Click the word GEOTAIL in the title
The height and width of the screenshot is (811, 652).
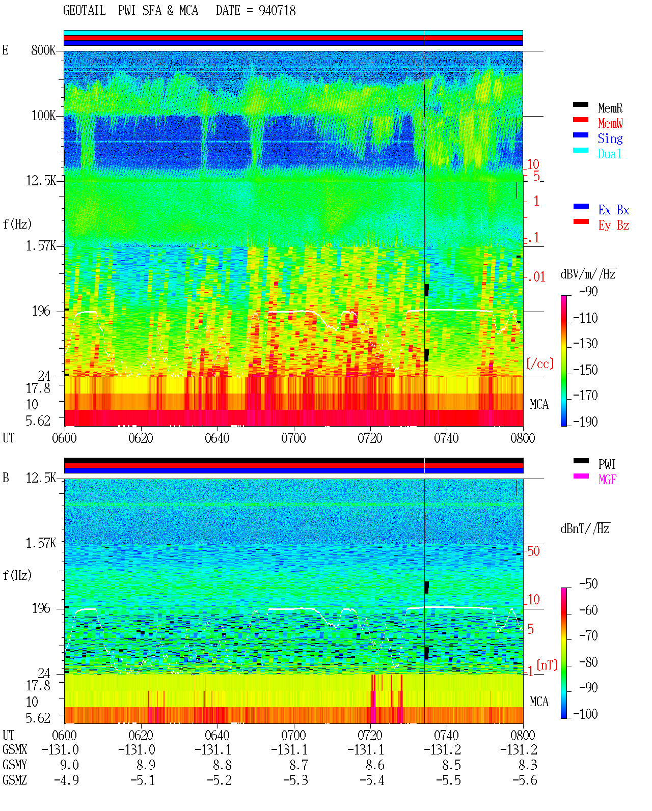click(85, 11)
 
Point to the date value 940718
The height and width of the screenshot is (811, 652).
click(277, 11)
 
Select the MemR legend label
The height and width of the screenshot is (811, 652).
click(610, 108)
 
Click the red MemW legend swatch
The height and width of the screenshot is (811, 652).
click(581, 120)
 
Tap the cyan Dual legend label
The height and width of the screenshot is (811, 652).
click(610, 154)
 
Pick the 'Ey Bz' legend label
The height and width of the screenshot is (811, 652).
click(613, 225)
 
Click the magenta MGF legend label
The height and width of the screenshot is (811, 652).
click(607, 480)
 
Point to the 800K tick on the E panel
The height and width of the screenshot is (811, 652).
click(43, 50)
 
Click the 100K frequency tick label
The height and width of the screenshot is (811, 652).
click(43, 116)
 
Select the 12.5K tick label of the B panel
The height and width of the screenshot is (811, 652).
click(41, 478)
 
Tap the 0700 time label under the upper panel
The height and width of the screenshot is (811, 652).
click(293, 438)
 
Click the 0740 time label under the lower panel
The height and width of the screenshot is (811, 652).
click(447, 735)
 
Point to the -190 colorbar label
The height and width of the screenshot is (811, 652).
click(585, 422)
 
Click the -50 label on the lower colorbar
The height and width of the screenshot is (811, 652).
click(588, 584)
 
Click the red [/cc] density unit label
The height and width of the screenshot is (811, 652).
click(540, 363)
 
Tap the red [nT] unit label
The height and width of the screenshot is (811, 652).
click(547, 665)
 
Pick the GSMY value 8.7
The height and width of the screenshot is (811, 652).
click(298, 765)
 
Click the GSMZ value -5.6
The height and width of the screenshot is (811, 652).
click(525, 780)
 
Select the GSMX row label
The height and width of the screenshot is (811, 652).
click(15, 749)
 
